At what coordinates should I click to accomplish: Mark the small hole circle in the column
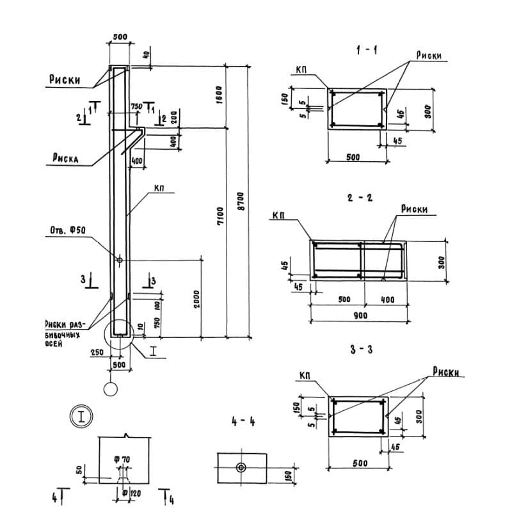(x=120, y=259)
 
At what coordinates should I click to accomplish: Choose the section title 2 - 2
(x=360, y=198)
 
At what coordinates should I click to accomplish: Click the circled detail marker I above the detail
(x=82, y=416)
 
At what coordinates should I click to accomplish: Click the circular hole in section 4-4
(x=241, y=467)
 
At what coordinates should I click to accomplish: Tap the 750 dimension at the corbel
(x=136, y=106)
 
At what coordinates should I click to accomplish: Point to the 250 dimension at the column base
(x=97, y=353)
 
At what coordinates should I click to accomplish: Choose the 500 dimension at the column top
(x=120, y=36)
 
